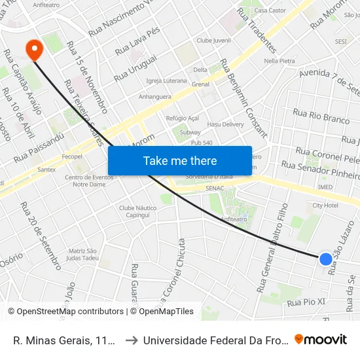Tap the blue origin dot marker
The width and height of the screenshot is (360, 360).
(325, 259)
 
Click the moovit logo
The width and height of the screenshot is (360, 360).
(321, 340)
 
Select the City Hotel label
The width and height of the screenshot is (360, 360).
(325, 206)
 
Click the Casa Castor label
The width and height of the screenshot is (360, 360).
(270, 10)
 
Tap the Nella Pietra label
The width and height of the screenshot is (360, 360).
(279, 61)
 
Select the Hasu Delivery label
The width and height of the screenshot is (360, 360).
(225, 124)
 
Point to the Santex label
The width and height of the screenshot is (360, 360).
(46, 170)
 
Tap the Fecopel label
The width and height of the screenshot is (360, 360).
(71, 157)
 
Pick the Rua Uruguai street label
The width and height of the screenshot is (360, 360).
(135, 68)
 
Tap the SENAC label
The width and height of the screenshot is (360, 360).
(214, 189)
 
